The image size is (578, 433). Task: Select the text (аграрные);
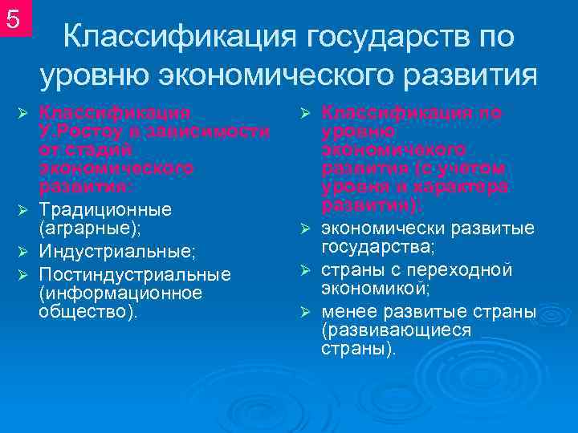89,229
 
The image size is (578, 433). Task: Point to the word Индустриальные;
117,252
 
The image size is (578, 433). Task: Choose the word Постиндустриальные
135,274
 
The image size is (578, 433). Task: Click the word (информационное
120,293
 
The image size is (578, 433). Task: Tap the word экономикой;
375,288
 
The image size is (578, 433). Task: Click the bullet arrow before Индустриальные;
23,252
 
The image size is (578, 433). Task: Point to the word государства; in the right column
378,247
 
